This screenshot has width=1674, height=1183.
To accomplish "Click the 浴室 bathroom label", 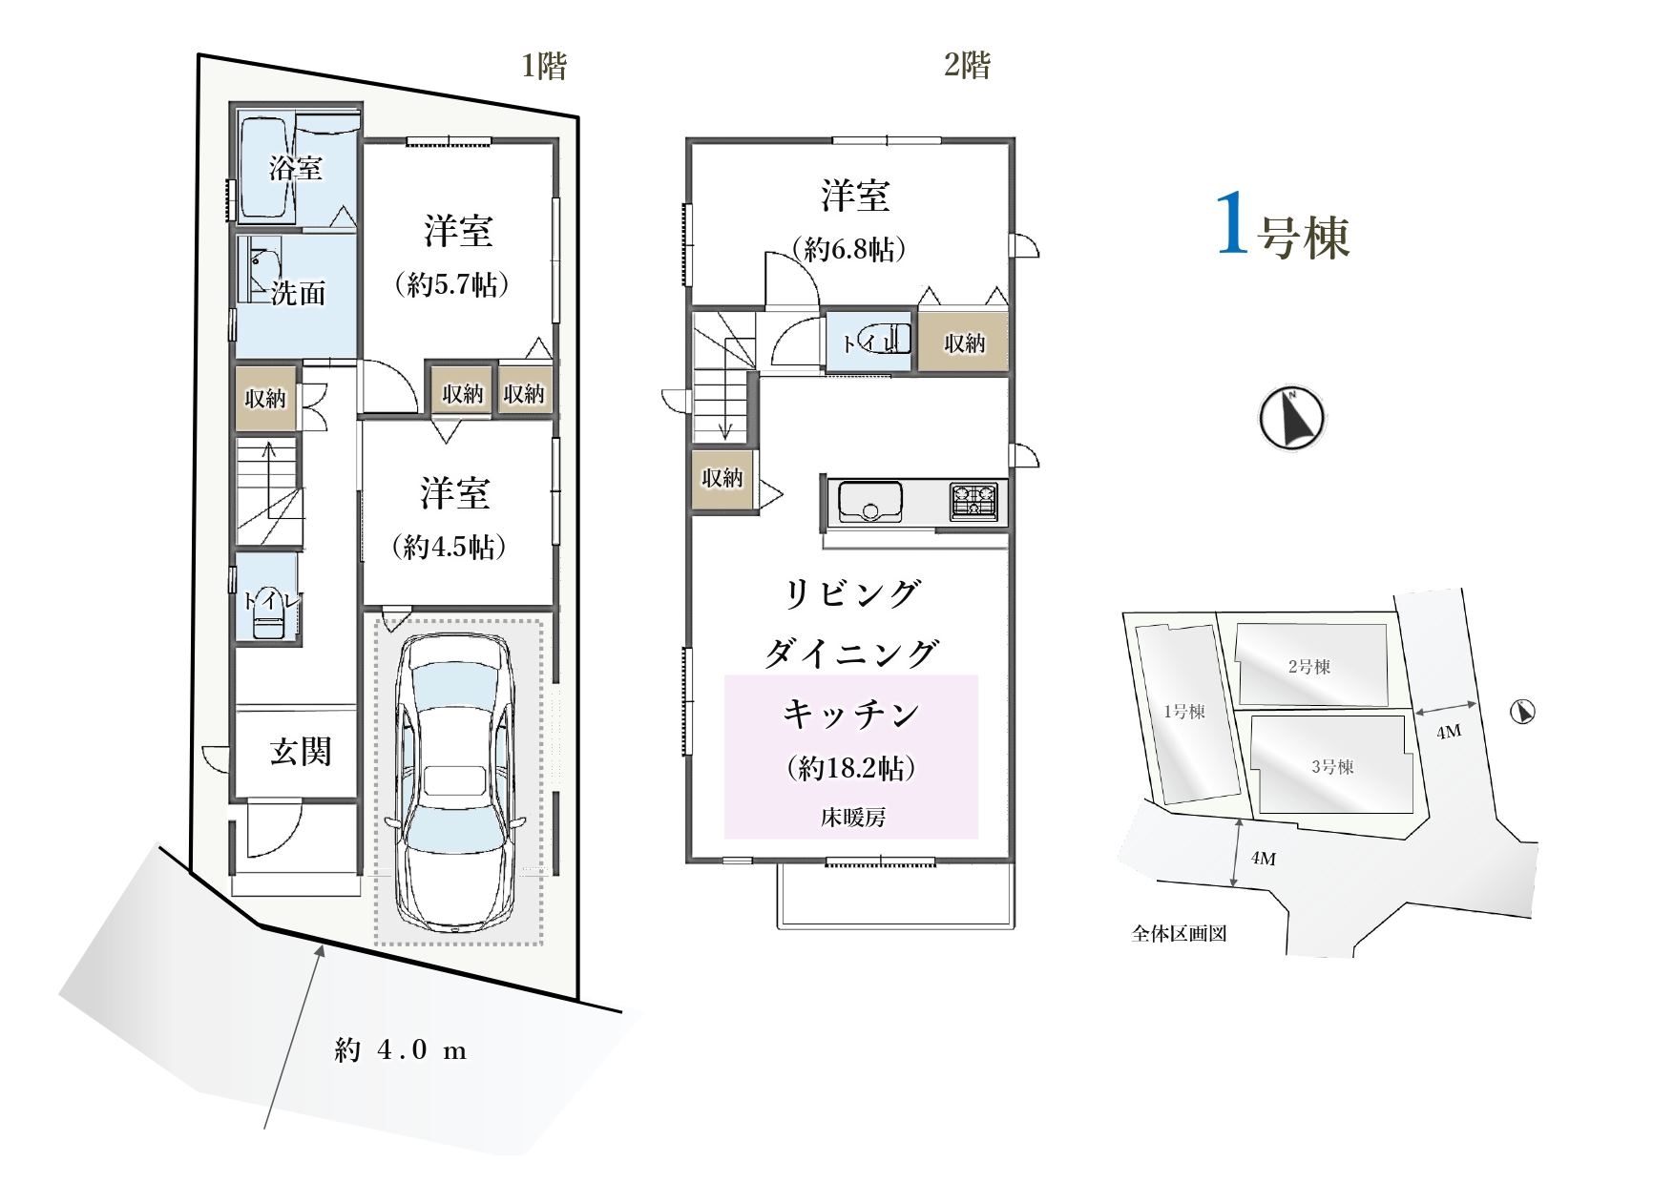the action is click(295, 169).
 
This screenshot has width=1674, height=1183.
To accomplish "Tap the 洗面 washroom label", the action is click(298, 293).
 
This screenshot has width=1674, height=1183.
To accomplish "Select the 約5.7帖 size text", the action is click(450, 284).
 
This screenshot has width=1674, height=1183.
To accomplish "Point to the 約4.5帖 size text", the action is click(450, 547).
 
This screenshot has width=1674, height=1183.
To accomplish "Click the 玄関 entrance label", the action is click(301, 752).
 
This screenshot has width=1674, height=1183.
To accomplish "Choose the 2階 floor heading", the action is click(968, 65).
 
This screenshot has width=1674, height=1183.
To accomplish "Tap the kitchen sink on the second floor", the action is click(869, 502).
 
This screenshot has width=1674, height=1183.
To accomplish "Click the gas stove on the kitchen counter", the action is click(973, 502).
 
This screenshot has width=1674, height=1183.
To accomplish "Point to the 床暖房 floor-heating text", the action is click(852, 818).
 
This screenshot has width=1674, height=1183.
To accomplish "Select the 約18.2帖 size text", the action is click(852, 768).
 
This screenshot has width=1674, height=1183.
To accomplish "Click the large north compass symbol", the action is click(1292, 418).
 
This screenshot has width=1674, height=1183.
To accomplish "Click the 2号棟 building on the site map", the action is click(1310, 666).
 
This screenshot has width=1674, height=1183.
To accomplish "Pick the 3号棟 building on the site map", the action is click(1331, 766).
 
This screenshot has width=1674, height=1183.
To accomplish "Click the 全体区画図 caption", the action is click(1179, 934).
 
